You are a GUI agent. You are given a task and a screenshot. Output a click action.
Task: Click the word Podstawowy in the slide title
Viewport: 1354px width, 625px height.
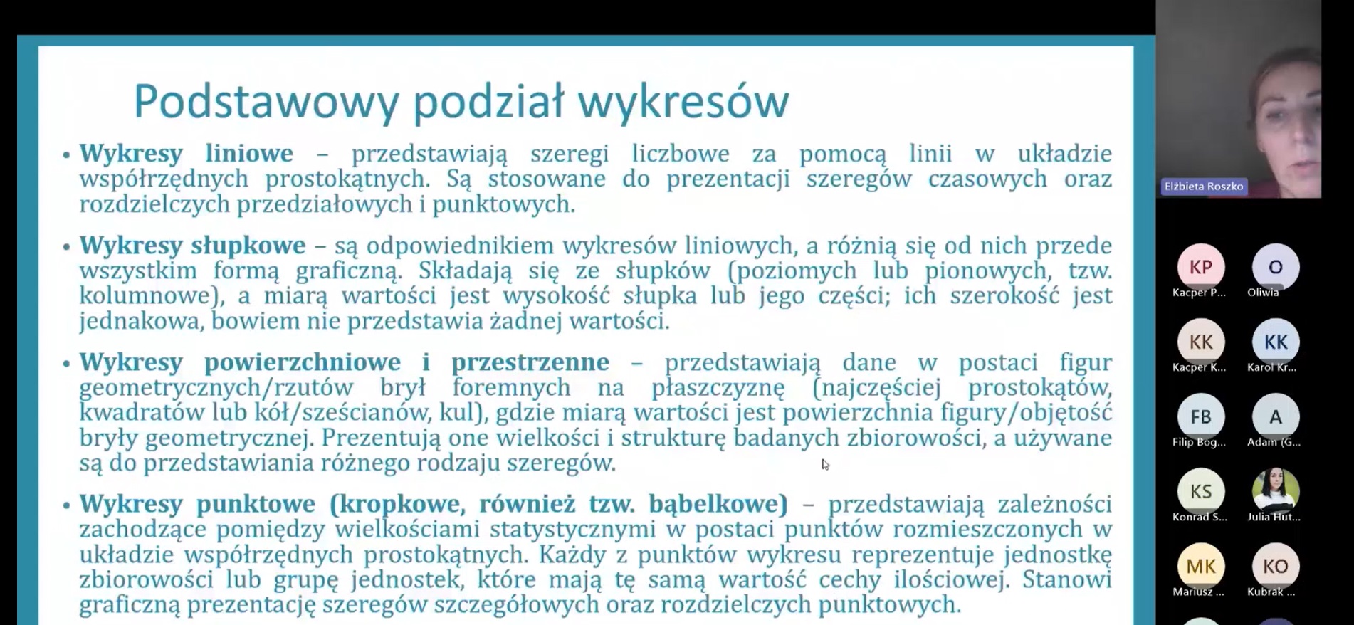pyautogui.click(x=266, y=102)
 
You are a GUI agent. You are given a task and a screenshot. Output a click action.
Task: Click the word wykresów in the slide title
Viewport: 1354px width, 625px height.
pyautogui.click(x=683, y=102)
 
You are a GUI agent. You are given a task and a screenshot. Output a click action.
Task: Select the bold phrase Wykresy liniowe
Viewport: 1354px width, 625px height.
pyautogui.click(x=186, y=153)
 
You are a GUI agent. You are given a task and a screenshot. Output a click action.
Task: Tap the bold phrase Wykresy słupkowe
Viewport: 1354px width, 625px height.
pyautogui.click(x=192, y=245)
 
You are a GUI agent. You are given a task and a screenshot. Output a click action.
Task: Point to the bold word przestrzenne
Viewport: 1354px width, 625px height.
pyautogui.click(x=530, y=362)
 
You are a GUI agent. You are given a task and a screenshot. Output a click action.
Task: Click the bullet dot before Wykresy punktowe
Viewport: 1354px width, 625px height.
pyautogui.click(x=66, y=506)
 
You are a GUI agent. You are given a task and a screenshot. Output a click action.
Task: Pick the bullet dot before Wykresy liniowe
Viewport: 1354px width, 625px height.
pyautogui.click(x=66, y=155)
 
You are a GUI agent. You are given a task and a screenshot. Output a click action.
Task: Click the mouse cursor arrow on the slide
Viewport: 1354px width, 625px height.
pyautogui.click(x=825, y=464)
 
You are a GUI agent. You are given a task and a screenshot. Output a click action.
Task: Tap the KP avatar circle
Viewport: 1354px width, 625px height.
pyautogui.click(x=1201, y=267)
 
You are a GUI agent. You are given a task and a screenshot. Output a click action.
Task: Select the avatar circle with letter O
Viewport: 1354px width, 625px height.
pyautogui.click(x=1276, y=267)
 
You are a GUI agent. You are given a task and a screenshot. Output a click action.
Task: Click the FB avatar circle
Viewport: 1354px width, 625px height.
pyautogui.click(x=1201, y=416)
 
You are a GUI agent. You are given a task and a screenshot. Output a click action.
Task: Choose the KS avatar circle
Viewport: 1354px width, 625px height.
pyautogui.click(x=1201, y=491)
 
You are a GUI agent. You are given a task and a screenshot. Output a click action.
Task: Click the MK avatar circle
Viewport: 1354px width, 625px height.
pyautogui.click(x=1201, y=566)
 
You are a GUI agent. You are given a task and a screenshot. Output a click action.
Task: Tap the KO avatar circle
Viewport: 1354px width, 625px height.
pyautogui.click(x=1276, y=566)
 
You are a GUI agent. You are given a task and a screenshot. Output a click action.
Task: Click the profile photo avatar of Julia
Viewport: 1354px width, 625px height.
pyautogui.click(x=1276, y=491)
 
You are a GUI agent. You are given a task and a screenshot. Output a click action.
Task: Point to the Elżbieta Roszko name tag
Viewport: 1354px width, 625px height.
pyautogui.click(x=1204, y=187)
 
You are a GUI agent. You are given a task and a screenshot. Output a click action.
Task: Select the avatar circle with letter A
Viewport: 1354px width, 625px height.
pyautogui.click(x=1276, y=416)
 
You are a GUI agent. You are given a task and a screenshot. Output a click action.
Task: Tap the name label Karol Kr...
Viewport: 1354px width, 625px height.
pyautogui.click(x=1272, y=367)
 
